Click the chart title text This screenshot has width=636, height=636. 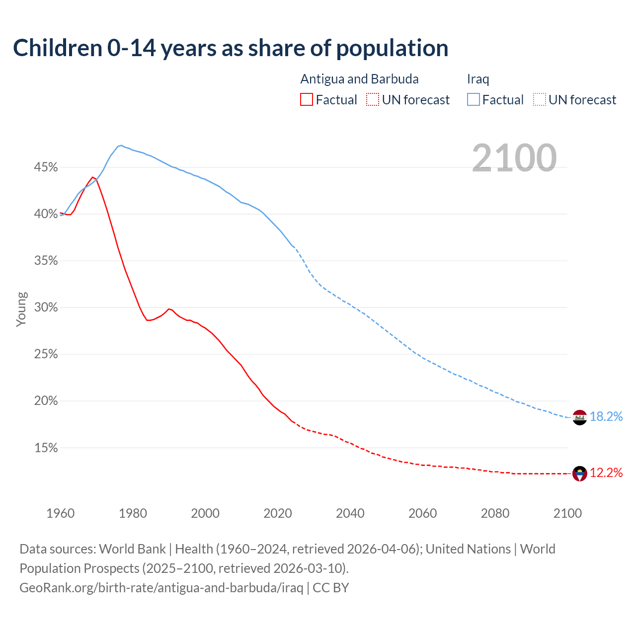[x=231, y=48]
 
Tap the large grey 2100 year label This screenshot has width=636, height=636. [x=514, y=158]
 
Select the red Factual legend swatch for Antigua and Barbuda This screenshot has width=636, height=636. [x=307, y=100]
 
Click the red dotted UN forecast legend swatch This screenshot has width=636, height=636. [x=372, y=100]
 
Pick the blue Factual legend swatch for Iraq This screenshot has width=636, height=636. [x=474, y=100]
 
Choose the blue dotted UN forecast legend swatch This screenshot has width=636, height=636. [x=539, y=100]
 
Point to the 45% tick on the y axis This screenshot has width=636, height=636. [x=46, y=167]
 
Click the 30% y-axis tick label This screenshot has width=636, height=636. [x=46, y=308]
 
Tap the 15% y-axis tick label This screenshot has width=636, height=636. [x=46, y=448]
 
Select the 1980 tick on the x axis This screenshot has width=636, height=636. [x=133, y=513]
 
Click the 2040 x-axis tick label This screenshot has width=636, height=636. [x=350, y=513]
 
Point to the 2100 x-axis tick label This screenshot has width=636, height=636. [x=567, y=513]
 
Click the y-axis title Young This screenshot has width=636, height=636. [x=21, y=309]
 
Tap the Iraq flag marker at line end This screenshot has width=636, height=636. [x=580, y=418]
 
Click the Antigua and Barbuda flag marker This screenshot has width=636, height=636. [x=580, y=474]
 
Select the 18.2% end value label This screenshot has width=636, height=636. [x=606, y=417]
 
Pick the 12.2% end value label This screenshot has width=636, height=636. [x=606, y=473]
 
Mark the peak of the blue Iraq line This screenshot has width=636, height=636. [x=121, y=146]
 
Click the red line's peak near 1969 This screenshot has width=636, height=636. [x=92, y=177]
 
